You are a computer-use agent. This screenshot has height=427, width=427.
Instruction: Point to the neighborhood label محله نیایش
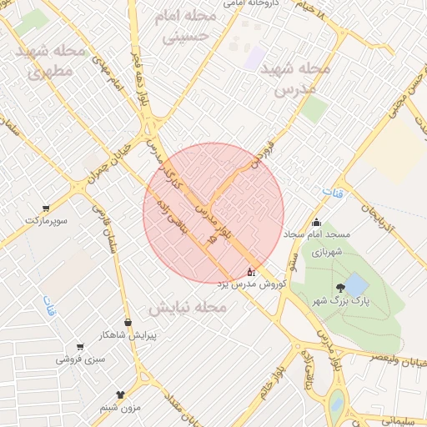188,308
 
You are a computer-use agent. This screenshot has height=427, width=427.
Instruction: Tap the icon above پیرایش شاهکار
128,322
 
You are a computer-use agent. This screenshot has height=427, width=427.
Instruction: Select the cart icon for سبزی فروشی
80,347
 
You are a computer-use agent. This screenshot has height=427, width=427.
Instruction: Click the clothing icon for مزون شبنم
120,394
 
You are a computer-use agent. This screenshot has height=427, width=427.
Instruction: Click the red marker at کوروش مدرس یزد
251,272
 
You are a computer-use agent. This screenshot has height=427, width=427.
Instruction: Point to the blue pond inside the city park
356,284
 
